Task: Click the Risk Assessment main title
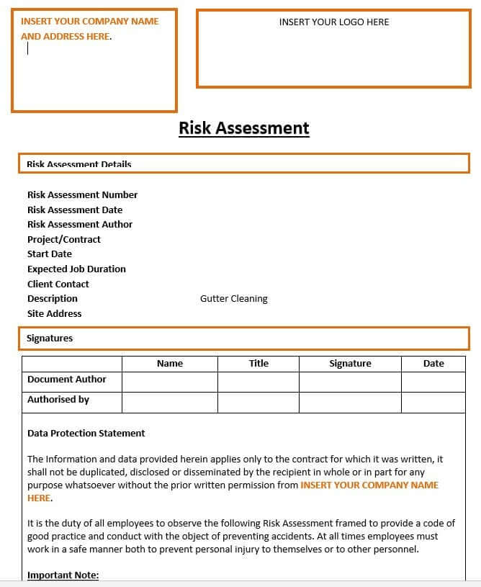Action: click(x=243, y=128)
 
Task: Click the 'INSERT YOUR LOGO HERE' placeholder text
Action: click(x=333, y=22)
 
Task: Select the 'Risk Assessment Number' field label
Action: click(x=82, y=194)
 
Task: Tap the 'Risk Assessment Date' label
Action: click(x=75, y=210)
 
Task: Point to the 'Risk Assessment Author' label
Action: click(x=80, y=224)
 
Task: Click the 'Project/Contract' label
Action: click(x=64, y=239)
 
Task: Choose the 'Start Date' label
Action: click(x=50, y=254)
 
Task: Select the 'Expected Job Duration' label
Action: click(x=76, y=269)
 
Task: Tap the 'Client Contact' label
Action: click(x=58, y=284)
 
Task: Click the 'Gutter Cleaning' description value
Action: click(x=233, y=298)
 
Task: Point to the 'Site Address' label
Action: click(x=55, y=313)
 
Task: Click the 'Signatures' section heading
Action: click(x=50, y=338)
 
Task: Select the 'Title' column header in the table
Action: click(x=259, y=364)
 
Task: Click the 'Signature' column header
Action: click(x=350, y=364)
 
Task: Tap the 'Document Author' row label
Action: click(x=67, y=379)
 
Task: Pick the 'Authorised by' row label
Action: click(x=58, y=399)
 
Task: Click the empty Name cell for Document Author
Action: click(x=170, y=382)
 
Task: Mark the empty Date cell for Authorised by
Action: click(x=433, y=402)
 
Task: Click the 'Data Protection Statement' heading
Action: click(x=86, y=433)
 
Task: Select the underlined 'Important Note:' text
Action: click(x=63, y=575)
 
